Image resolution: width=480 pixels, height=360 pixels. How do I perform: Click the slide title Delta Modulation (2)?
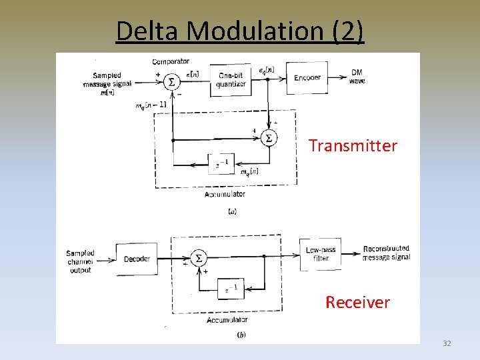pos(240,31)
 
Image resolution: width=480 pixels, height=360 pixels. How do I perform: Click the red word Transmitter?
pos(353,145)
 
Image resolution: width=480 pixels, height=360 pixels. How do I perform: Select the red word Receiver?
pos(357,302)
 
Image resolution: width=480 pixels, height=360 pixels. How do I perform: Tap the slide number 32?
pos(447,343)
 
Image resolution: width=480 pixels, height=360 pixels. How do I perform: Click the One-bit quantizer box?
pos(231,80)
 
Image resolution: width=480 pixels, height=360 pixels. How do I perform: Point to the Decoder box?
pos(137,259)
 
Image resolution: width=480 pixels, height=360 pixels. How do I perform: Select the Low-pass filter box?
pos(321,254)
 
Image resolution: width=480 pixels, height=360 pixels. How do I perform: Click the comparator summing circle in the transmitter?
pos(172,81)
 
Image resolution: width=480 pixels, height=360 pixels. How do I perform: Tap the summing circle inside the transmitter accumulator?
pos(269,138)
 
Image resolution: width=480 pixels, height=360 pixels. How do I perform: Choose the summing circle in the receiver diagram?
pos(198,258)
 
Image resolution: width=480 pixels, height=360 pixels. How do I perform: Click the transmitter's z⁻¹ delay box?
pos(222,164)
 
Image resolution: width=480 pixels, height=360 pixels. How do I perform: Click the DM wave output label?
pos(357,77)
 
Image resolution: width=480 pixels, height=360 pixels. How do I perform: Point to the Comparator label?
pos(171,61)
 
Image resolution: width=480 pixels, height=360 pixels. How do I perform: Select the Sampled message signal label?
pos(107,84)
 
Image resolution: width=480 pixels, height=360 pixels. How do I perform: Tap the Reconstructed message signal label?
pos(386,253)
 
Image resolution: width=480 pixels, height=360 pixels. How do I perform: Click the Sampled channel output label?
pos(81,261)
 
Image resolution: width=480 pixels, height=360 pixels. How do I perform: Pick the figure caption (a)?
pos(232,211)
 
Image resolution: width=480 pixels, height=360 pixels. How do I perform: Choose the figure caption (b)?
pos(241,335)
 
